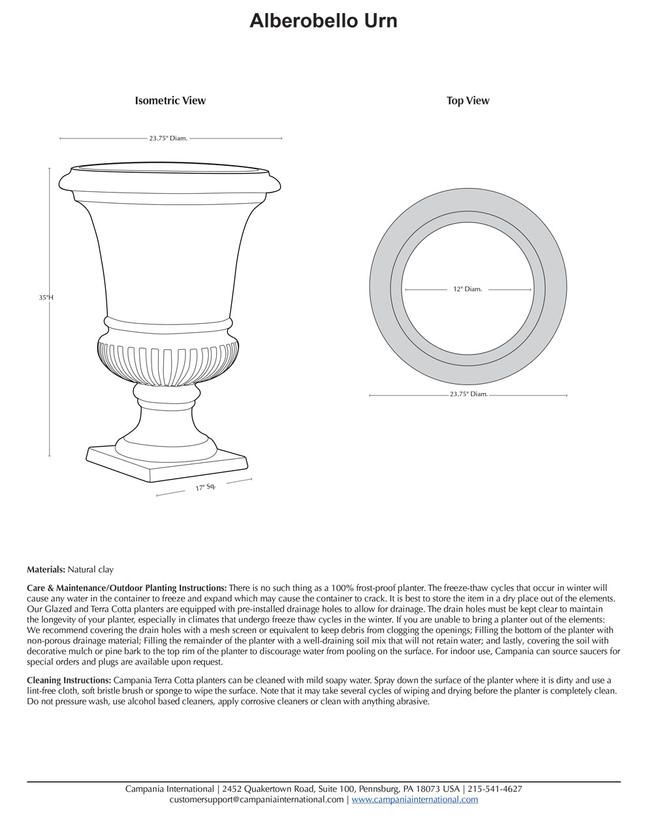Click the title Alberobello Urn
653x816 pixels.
click(x=323, y=21)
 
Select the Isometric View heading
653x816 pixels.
click(x=170, y=101)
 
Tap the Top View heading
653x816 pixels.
click(x=468, y=101)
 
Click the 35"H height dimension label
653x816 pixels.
click(x=46, y=297)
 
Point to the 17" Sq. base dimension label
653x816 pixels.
click(x=205, y=487)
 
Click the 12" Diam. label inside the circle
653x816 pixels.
click(x=468, y=289)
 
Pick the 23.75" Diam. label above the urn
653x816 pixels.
click(x=168, y=138)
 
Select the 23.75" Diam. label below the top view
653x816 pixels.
click(x=468, y=394)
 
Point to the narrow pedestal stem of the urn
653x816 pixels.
click(x=167, y=418)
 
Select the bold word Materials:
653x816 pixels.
click(x=46, y=570)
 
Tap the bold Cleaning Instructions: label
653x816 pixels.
click(x=69, y=680)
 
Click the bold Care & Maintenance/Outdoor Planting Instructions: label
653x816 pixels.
click(x=127, y=588)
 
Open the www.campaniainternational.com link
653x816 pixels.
click(x=415, y=799)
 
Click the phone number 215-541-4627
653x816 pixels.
click(x=495, y=789)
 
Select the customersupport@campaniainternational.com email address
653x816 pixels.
click(x=257, y=799)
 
